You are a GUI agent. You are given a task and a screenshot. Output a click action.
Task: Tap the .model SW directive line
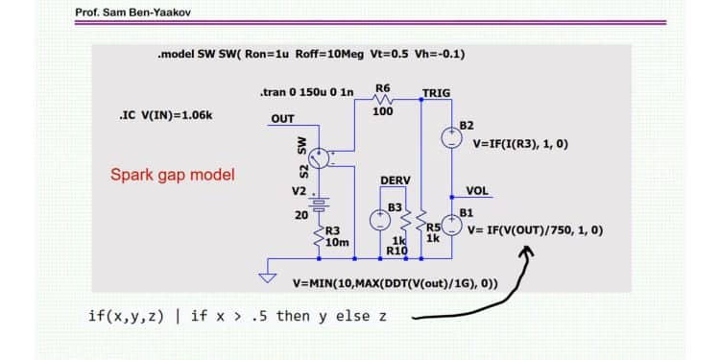[311, 54]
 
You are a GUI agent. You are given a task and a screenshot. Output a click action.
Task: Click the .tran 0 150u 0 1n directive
[306, 93]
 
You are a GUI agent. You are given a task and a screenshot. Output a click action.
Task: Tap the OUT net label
[282, 120]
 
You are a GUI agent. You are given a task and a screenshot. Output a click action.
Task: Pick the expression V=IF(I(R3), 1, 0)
[520, 144]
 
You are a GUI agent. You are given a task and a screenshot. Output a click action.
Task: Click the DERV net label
[396, 180]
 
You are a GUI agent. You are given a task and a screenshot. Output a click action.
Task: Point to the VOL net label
[477, 191]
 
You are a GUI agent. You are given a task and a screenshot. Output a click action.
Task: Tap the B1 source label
[467, 212]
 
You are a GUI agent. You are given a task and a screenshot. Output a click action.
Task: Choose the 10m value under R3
[337, 242]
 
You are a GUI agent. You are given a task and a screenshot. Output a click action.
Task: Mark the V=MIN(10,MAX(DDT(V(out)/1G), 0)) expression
[395, 284]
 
